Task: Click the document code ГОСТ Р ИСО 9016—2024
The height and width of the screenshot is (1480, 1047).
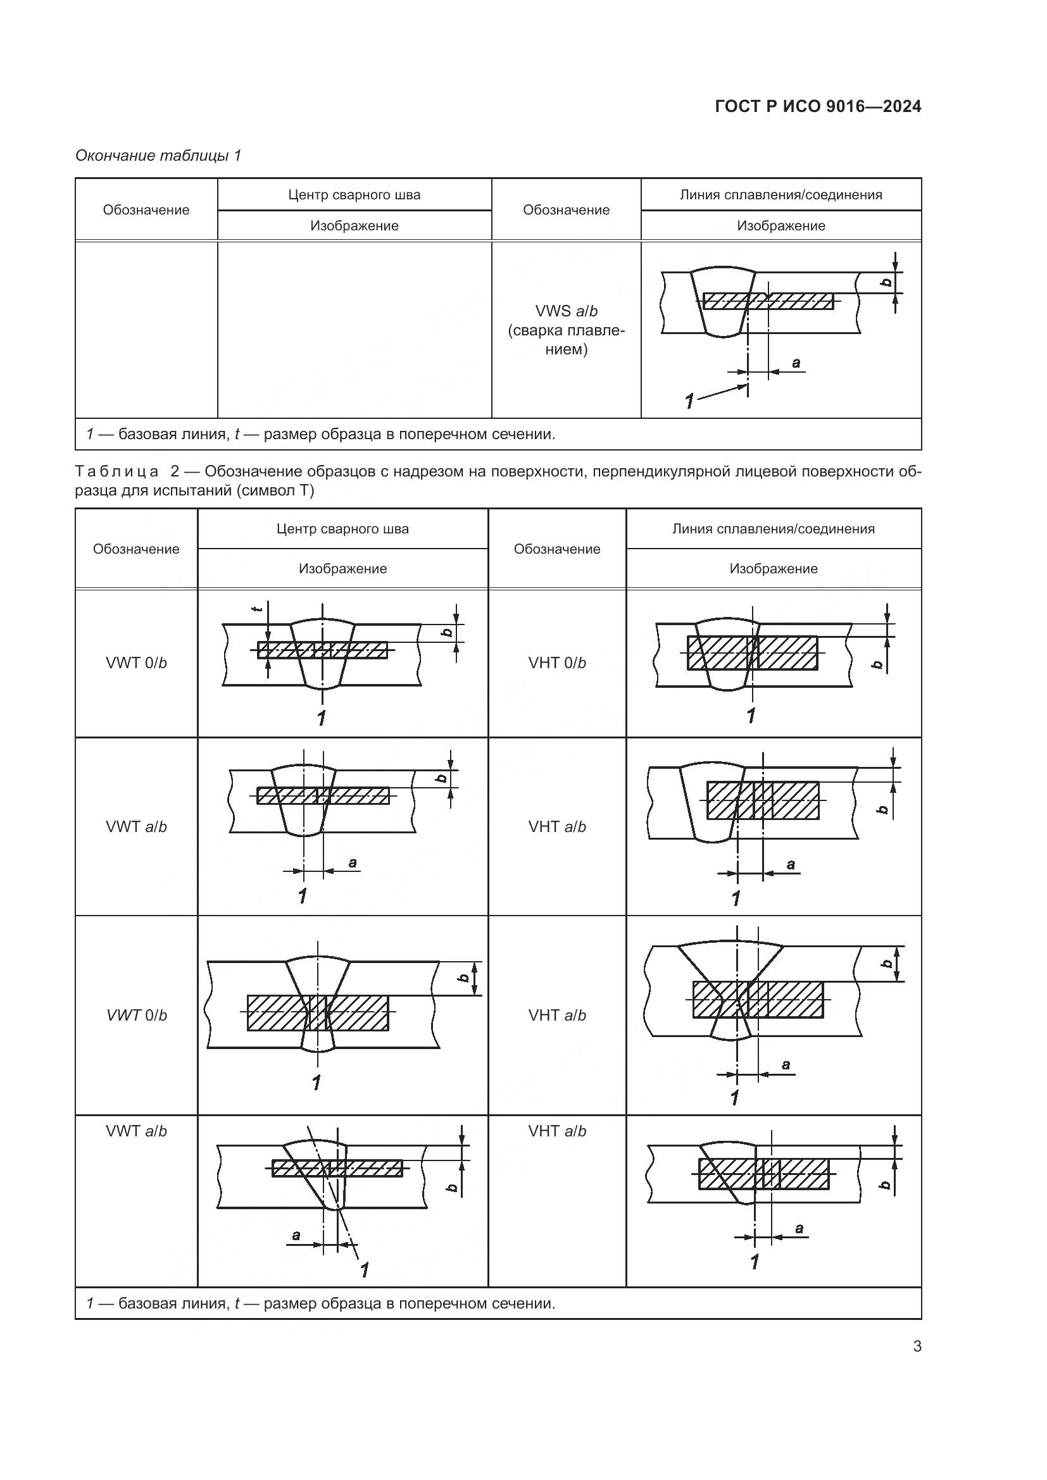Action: (817, 106)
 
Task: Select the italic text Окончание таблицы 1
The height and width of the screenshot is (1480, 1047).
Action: (158, 156)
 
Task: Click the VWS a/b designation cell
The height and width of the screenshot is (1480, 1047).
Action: (566, 330)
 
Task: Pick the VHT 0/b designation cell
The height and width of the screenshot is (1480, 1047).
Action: (557, 662)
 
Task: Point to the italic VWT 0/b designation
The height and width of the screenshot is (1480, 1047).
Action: (137, 1015)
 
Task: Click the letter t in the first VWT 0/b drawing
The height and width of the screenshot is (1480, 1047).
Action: (258, 608)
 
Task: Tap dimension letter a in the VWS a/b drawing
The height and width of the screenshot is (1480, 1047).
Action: (796, 363)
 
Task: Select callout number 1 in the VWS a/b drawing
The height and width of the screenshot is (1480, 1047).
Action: (689, 401)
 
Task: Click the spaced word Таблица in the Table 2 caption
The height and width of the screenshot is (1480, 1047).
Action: (116, 471)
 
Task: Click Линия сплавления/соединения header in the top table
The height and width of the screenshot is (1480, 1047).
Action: (781, 195)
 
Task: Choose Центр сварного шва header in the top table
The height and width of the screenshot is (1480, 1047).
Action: (354, 195)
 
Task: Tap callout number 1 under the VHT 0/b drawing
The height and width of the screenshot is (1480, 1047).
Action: (751, 715)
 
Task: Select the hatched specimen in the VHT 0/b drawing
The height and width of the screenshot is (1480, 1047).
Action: (753, 653)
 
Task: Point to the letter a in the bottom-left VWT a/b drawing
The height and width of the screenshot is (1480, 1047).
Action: (296, 1235)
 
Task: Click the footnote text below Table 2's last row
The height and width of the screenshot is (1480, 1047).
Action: (320, 1303)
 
